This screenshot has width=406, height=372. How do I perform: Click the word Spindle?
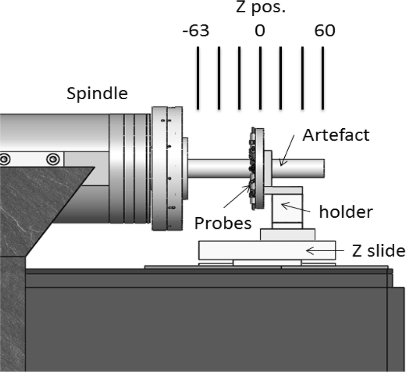pyautogui.click(x=97, y=93)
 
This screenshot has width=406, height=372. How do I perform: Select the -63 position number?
pyautogui.click(x=195, y=31)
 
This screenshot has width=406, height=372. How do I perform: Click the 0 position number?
pyautogui.click(x=260, y=31)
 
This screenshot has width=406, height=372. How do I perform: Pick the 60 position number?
pyautogui.click(x=325, y=31)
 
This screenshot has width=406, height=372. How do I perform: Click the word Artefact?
pyautogui.click(x=335, y=135)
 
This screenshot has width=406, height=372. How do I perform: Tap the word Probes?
pyautogui.click(x=222, y=223)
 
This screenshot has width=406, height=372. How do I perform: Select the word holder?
pyautogui.click(x=346, y=212)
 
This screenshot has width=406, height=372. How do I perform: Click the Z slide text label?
pyautogui.click(x=379, y=251)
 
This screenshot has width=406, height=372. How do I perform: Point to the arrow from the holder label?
pyautogui.click(x=295, y=209)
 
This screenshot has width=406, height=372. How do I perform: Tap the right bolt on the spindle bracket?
pyautogui.click(x=53, y=159)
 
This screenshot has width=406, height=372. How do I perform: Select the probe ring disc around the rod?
pyautogui.click(x=255, y=167)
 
